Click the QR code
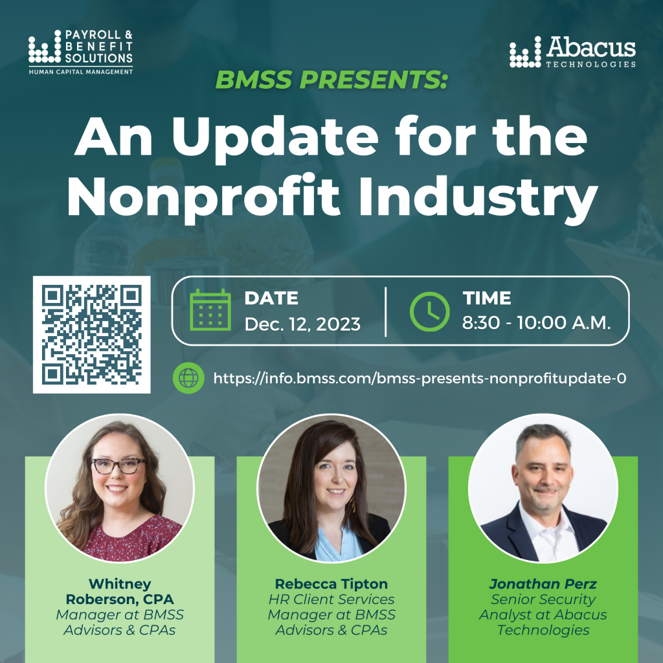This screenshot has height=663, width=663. point(92,335)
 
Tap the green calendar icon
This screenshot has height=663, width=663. point(210,309)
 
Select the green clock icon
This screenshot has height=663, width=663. point(429,311)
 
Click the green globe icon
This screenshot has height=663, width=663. point(188,378)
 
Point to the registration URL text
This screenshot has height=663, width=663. point(420,378)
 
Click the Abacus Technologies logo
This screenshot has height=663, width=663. point(572,52)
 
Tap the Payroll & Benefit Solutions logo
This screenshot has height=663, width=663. point(81,52)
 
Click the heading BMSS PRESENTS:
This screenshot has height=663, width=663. point(331,80)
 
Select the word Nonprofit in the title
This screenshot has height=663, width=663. point(203,197)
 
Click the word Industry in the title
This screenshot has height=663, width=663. point(478,197)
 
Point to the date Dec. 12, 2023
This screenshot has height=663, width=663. point(302,324)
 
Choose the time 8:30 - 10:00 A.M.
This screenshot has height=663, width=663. point(536,322)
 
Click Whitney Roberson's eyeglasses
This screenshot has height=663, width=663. point(119,466)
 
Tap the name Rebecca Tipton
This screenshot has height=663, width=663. point(331,584)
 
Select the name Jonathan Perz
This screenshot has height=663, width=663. point(543,584)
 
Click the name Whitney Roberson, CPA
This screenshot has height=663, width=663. point(120,592)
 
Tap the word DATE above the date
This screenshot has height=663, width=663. point(271,298)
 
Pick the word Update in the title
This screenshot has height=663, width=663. point(275,139)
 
